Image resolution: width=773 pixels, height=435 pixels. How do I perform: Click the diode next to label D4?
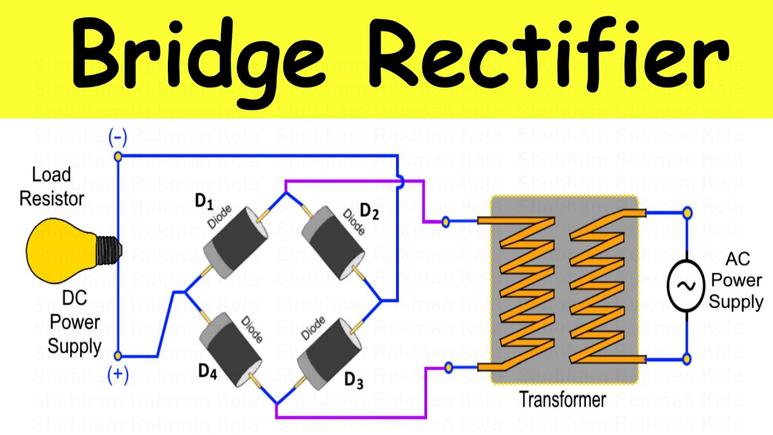(233, 350)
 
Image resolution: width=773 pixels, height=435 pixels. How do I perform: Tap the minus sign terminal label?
(117, 138)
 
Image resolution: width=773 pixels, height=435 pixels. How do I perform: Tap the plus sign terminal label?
(118, 375)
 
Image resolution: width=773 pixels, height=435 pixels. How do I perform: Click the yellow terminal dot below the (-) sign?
(118, 157)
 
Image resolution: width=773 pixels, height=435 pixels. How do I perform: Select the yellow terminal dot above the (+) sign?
(118, 356)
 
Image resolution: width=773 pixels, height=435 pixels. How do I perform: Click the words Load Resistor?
(52, 187)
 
